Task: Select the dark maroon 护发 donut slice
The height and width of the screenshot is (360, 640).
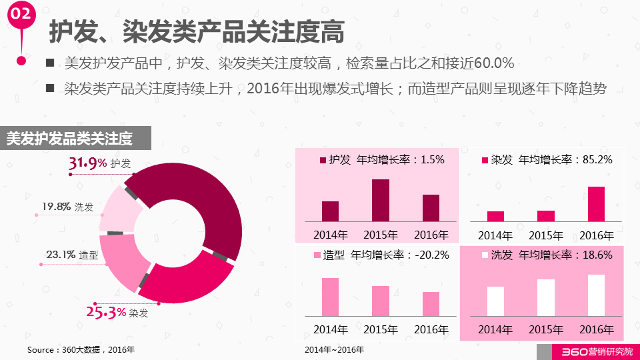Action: click(200, 200)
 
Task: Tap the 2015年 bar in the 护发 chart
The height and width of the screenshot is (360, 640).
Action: click(381, 200)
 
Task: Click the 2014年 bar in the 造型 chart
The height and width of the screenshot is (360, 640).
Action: click(331, 297)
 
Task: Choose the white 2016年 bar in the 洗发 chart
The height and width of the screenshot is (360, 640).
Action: click(596, 295)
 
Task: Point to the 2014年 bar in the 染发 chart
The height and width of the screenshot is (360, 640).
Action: click(495, 216)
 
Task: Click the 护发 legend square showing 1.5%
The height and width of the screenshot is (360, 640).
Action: click(324, 160)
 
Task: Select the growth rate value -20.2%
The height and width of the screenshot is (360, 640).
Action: click(431, 255)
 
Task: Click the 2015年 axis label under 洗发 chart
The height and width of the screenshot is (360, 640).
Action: click(546, 329)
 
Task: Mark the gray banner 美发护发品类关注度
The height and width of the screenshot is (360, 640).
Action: click(75, 139)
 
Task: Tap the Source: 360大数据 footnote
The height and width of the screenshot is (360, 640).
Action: click(80, 350)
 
